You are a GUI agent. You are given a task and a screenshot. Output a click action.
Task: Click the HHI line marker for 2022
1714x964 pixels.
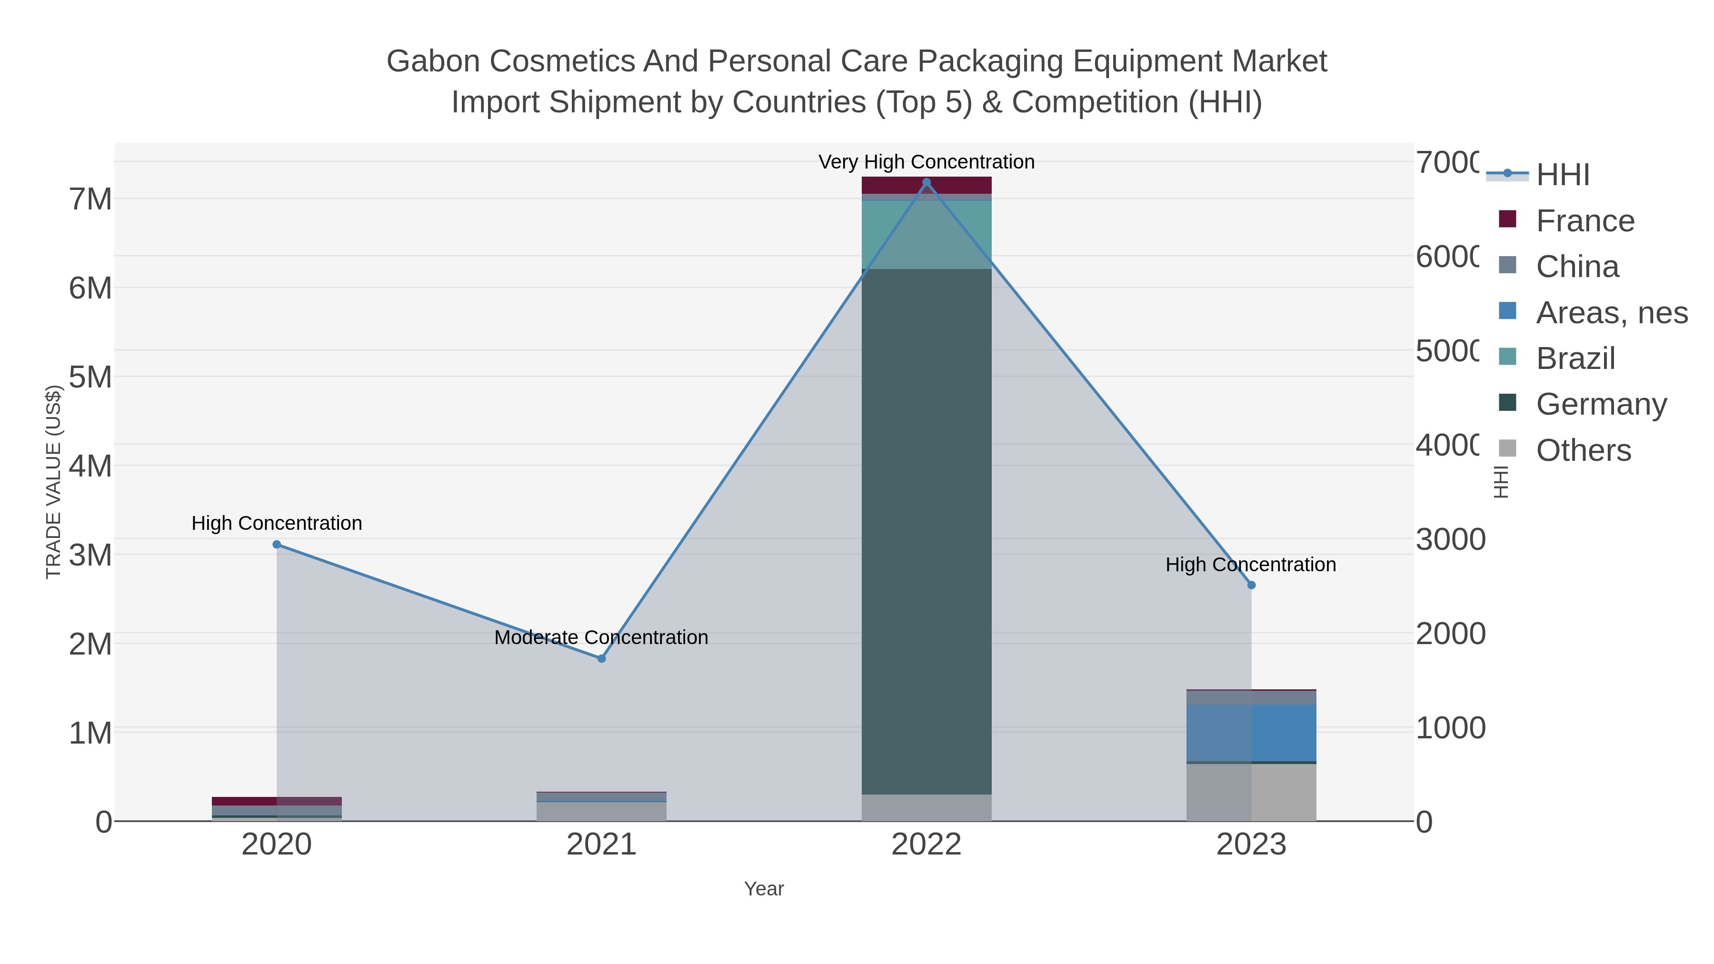click(926, 182)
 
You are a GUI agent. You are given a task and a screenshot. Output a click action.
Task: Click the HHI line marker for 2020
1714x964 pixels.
click(277, 544)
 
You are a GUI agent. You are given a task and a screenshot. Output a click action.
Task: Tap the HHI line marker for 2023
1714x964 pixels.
click(1251, 585)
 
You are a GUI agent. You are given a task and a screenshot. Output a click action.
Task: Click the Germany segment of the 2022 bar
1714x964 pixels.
click(926, 532)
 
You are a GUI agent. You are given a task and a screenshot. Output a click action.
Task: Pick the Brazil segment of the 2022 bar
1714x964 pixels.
click(926, 234)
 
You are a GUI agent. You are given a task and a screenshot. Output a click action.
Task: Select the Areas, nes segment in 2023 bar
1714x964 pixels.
click(1251, 732)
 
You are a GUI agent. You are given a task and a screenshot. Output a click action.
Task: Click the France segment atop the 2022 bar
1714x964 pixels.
click(926, 185)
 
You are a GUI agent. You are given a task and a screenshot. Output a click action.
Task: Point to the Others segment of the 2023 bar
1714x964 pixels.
click(1251, 792)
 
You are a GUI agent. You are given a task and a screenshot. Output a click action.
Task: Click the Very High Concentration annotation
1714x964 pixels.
click(926, 162)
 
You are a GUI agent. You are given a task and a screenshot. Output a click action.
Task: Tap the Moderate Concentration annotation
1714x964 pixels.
click(601, 637)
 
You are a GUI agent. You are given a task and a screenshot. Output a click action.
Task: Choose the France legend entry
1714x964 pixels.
click(1585, 221)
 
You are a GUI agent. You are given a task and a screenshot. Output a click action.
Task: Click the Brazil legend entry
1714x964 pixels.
click(1575, 358)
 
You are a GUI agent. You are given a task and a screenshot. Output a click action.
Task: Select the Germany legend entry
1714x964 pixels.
click(1601, 405)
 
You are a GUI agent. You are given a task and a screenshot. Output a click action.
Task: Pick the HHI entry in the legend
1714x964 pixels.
click(1562, 175)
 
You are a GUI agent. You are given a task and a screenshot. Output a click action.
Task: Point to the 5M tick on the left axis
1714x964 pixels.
click(90, 377)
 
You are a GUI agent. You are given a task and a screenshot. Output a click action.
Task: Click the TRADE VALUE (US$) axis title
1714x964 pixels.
click(53, 482)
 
